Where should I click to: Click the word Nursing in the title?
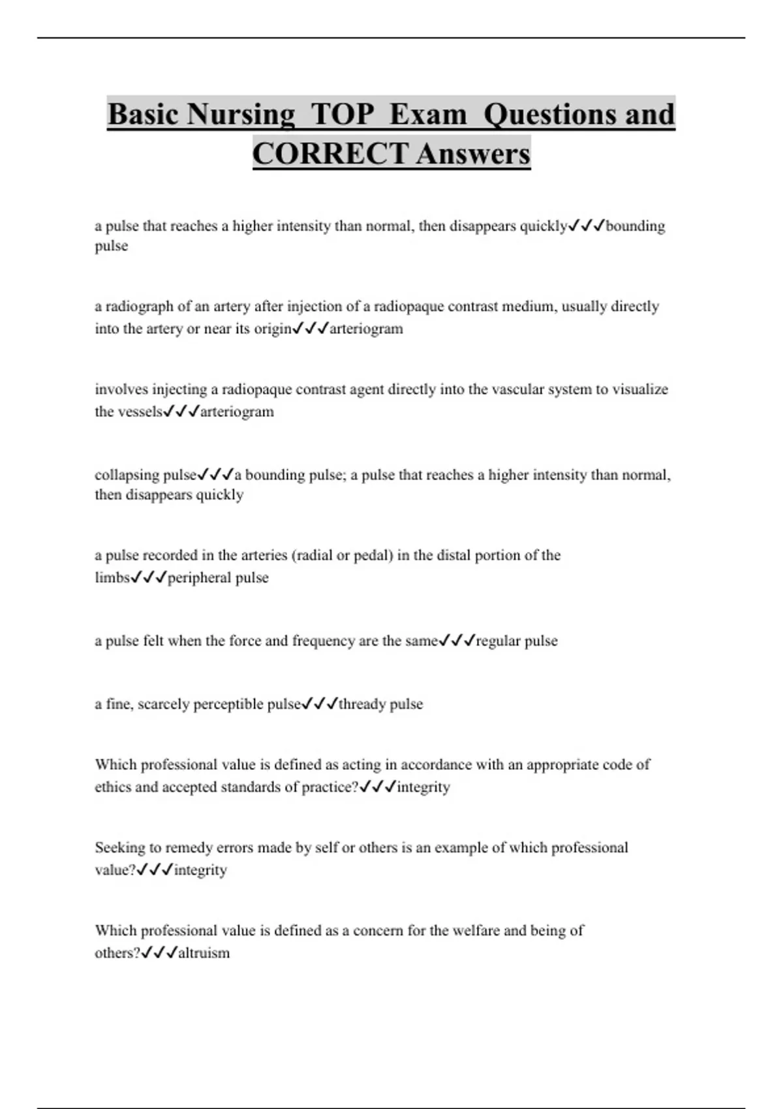tap(240, 114)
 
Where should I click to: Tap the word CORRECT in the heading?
tap(330, 154)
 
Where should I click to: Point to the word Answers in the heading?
tap(473, 154)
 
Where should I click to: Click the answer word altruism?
tap(204, 953)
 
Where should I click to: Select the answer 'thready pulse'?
tap(381, 705)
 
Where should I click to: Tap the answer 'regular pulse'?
tap(517, 641)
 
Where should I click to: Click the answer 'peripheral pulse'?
tap(219, 578)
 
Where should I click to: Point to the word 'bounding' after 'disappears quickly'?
tap(636, 226)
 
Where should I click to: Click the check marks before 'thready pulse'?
tap(320, 704)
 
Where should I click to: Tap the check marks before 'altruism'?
tap(159, 952)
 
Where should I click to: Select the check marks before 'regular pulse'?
tap(457, 641)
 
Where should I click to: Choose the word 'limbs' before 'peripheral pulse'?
tap(112, 578)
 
